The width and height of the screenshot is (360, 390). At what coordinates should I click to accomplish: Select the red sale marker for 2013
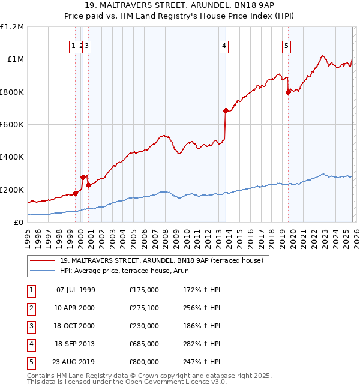[226, 110]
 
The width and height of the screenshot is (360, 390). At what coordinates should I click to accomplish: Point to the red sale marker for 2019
[289, 92]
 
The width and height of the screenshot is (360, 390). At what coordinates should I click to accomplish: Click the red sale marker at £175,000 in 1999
[75, 193]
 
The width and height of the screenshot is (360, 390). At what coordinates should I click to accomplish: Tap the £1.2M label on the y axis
[12, 27]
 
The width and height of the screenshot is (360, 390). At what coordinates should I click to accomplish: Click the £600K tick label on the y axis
[12, 124]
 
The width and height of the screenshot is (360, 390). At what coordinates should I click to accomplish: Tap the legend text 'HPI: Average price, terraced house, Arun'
[124, 271]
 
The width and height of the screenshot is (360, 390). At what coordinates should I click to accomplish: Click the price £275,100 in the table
[144, 308]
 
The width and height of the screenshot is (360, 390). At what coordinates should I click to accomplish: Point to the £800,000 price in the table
[144, 362]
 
